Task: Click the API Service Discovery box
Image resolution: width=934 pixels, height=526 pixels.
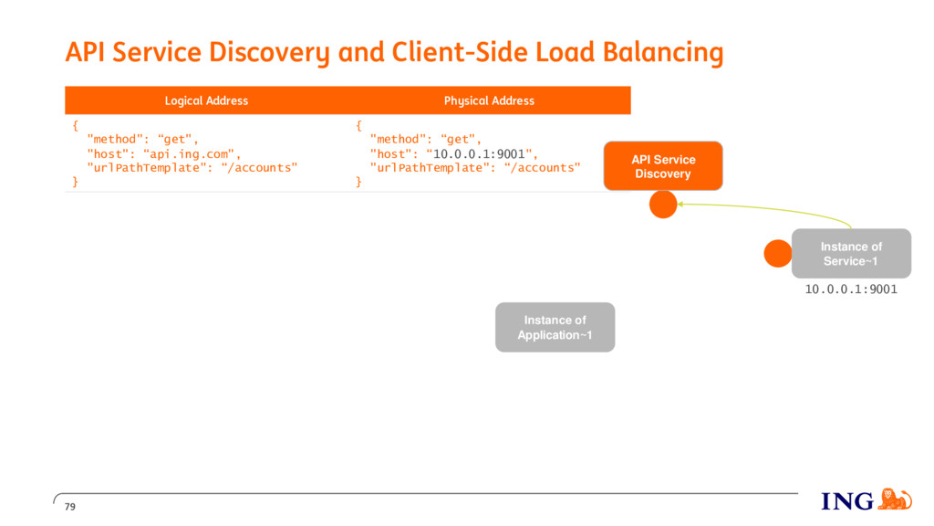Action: coord(663,166)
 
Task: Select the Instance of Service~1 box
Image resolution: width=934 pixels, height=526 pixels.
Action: coord(851,254)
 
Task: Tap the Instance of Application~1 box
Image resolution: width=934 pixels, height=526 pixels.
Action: coord(555,328)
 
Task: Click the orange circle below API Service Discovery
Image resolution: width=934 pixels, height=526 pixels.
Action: coord(663,205)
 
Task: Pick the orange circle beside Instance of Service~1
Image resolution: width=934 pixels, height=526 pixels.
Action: coord(778,254)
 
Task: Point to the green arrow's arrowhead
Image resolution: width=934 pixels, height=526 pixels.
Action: coord(680,204)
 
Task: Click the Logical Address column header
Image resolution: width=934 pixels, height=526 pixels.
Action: coord(207,100)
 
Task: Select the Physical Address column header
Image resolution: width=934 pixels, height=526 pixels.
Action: coord(489,100)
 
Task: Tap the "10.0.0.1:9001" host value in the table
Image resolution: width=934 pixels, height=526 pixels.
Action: coord(480,153)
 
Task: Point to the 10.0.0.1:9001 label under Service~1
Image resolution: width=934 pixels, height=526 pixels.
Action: coord(851,289)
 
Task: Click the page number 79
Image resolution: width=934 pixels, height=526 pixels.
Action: coord(70,507)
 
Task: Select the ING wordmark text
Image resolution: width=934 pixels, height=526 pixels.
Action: coord(847,501)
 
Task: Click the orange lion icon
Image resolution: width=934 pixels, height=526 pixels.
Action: coord(895,500)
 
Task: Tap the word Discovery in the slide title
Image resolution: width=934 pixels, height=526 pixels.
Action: coord(269,52)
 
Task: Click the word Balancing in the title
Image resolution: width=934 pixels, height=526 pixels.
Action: coord(663,52)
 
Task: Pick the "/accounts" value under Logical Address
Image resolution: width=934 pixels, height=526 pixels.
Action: coord(259,168)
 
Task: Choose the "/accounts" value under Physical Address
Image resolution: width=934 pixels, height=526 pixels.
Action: coord(542,168)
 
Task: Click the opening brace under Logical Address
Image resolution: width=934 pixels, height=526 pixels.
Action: coord(75,125)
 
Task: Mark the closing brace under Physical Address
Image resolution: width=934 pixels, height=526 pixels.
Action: coord(358,182)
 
